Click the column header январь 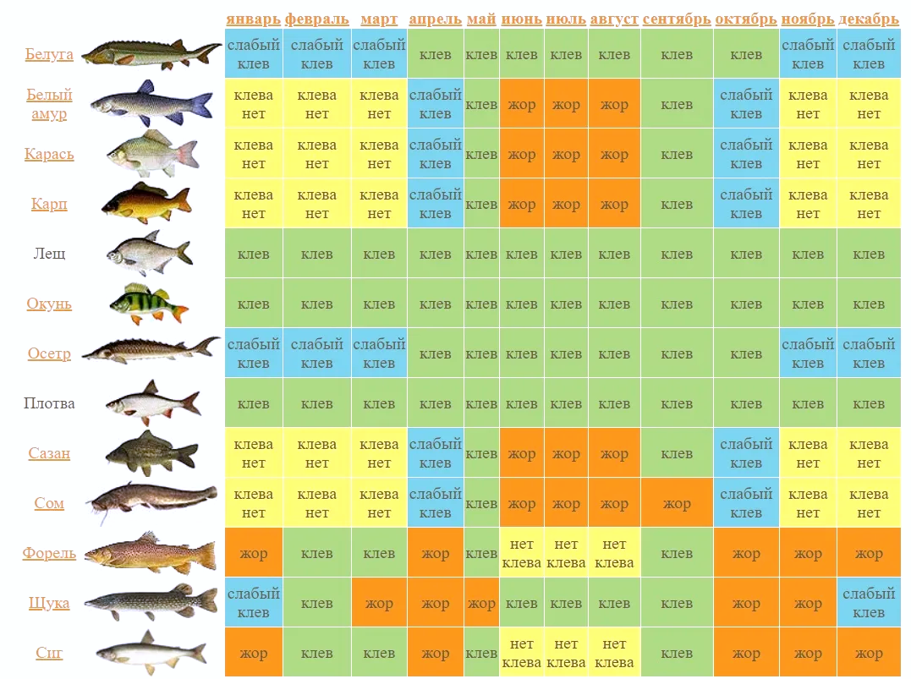tap(253, 19)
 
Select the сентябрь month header tap(677, 19)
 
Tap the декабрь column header tap(869, 19)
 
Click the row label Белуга tap(49, 55)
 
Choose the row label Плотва tap(49, 403)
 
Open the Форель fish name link tap(49, 554)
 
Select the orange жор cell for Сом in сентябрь tap(677, 504)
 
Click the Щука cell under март tap(379, 604)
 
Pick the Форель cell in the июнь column tap(522, 554)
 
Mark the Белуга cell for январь tap(254, 54)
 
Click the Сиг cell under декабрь tap(869, 654)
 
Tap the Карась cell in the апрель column tap(436, 154)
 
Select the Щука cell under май tap(481, 604)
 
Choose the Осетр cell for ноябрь tap(808, 353)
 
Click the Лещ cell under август tap(614, 254)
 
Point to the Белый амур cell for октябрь tap(746, 104)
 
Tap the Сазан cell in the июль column tap(566, 454)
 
